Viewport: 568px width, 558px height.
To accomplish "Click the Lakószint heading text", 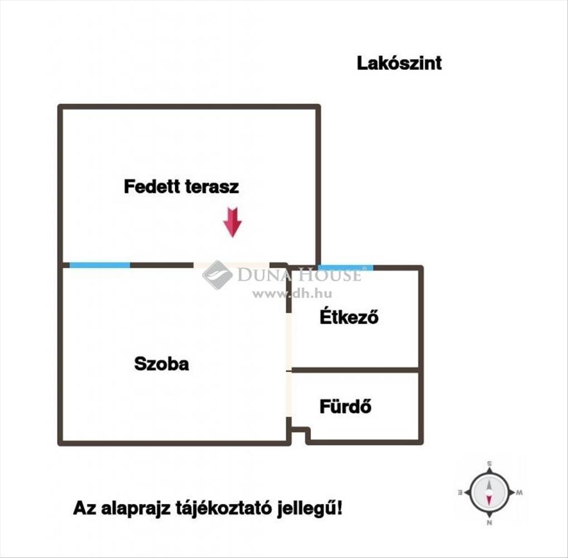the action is [399, 63].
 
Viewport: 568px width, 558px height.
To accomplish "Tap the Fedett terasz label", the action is [181, 186].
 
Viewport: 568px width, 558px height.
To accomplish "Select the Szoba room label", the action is [162, 363].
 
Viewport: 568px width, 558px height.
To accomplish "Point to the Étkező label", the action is [349, 316].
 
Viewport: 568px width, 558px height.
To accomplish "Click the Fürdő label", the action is [345, 406].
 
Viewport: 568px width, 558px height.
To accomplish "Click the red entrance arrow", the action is [232, 222].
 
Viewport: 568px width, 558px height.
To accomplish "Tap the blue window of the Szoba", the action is [100, 265].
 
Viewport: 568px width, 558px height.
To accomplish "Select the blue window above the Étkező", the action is [345, 268].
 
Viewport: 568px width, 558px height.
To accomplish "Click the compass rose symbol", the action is [489, 492].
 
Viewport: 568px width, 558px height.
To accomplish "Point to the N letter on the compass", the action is [489, 522].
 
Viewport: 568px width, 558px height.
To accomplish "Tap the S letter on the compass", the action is [489, 464].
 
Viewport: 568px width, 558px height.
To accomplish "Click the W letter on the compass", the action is [519, 492].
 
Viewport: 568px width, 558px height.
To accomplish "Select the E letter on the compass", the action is [461, 492].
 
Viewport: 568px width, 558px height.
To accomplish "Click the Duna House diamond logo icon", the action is [218, 275].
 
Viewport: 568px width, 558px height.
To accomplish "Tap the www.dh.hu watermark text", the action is [292, 294].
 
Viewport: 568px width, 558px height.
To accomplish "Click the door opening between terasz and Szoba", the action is [232, 265].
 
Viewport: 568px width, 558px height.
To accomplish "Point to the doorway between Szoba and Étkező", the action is [288, 341].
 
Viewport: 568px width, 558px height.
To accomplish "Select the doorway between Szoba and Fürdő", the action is [288, 395].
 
